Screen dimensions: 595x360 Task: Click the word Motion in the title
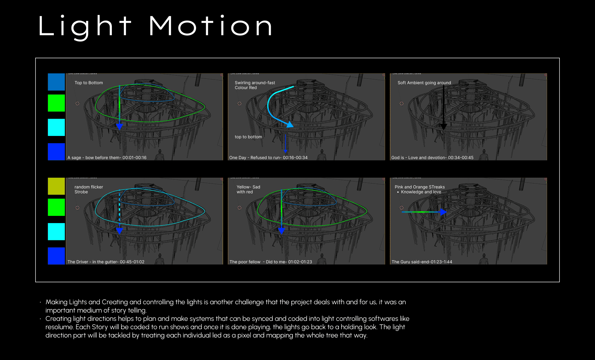(x=211, y=26)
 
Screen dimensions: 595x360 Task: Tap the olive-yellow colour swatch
(x=56, y=186)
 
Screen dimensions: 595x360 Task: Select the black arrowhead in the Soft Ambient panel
(x=444, y=127)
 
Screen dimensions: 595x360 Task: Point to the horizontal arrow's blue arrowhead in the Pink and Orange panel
(x=443, y=212)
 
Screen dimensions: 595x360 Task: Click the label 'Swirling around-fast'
(x=255, y=83)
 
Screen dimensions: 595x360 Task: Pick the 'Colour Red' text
(x=246, y=88)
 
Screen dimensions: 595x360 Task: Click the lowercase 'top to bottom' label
(x=248, y=137)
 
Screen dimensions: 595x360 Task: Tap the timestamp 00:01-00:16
(x=134, y=158)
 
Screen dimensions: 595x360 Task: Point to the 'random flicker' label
(x=88, y=187)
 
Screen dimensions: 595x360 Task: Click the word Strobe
(x=81, y=192)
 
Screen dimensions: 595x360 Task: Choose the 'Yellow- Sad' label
(x=248, y=187)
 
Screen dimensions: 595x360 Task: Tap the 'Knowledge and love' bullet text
(x=421, y=192)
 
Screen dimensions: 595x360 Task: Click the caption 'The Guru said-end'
(x=410, y=262)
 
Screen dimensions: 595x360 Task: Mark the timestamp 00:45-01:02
(x=132, y=262)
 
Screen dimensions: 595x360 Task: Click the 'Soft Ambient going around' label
(x=424, y=83)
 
